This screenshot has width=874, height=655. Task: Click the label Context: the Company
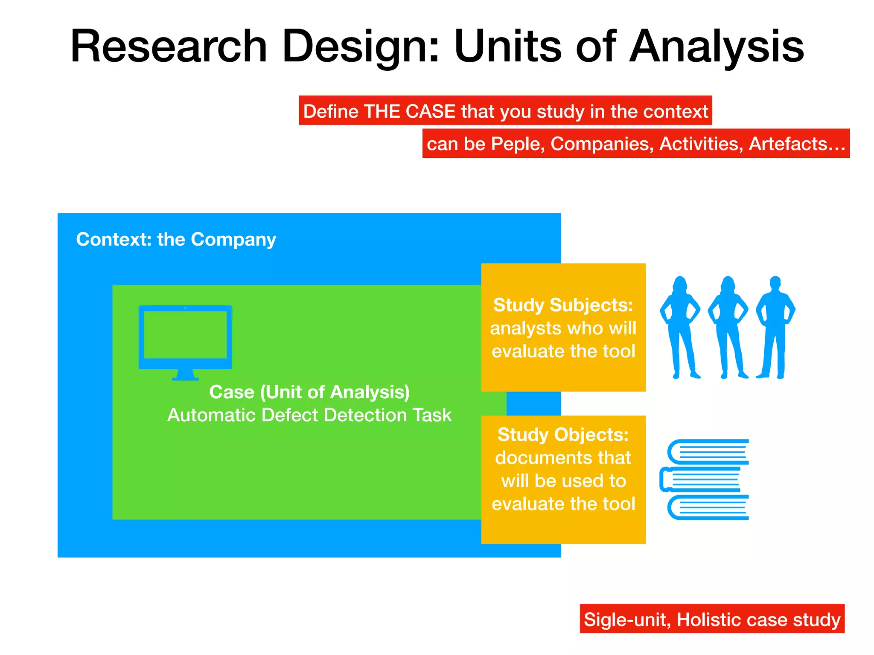(x=176, y=240)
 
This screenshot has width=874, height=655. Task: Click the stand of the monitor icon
(x=185, y=375)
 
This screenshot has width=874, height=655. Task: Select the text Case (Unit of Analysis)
(x=309, y=392)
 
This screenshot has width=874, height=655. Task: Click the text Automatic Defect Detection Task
(x=309, y=415)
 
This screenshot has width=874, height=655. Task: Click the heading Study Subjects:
(x=563, y=305)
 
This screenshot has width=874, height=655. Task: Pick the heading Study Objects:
(x=563, y=435)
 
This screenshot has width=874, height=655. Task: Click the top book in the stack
(x=708, y=452)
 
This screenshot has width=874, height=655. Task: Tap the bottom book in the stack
(x=708, y=507)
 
